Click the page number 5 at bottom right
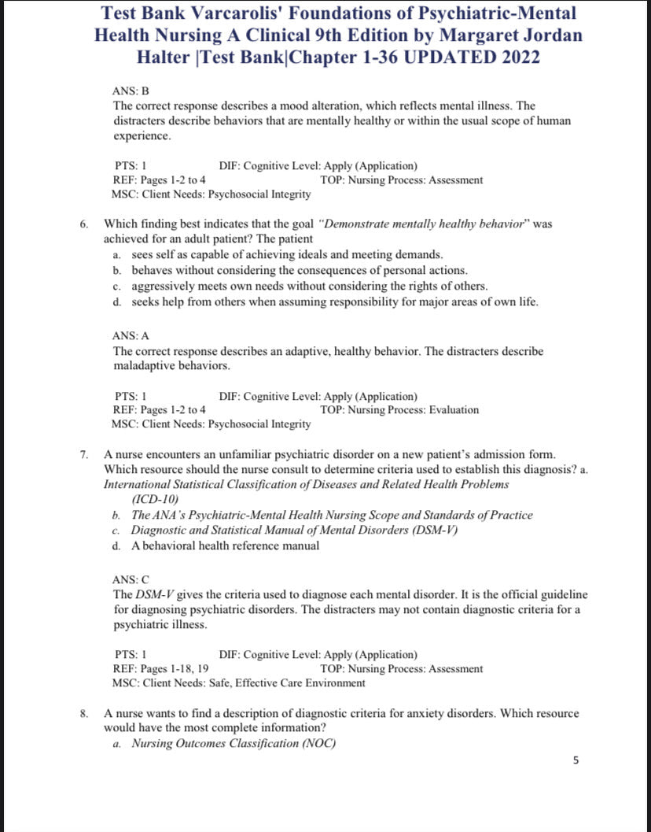576,760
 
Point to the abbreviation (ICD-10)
156,500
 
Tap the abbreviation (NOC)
318,743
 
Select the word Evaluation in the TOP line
454,410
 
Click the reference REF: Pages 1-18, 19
161,669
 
